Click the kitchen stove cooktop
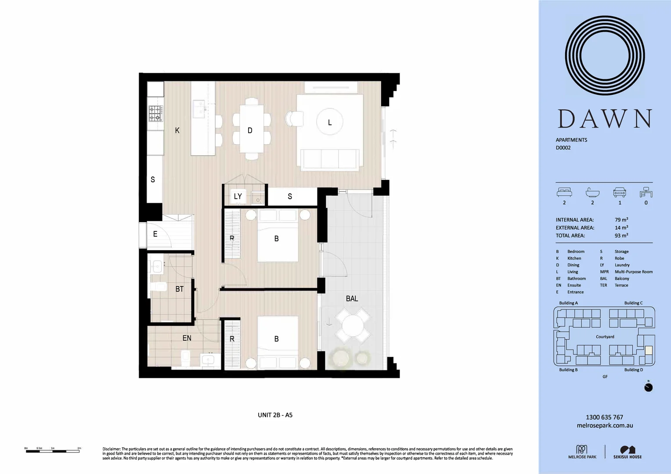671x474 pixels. (155, 113)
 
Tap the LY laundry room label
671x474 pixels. (238, 196)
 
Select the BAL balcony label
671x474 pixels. (352, 298)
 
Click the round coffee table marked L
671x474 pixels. (330, 122)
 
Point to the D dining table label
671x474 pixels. (250, 130)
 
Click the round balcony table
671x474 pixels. (353, 326)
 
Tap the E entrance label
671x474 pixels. (155, 234)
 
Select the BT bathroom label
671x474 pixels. (179, 289)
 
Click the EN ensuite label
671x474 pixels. (187, 338)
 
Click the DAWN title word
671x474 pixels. (604, 119)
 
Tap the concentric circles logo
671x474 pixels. (605, 56)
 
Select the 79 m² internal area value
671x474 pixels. (621, 220)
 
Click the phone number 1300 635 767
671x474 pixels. (604, 417)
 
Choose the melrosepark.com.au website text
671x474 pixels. (605, 425)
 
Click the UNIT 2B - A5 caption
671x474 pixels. (275, 415)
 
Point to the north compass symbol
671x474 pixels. (648, 387)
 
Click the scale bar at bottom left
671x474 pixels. (53, 450)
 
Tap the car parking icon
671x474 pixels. (620, 193)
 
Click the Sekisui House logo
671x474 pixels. (628, 452)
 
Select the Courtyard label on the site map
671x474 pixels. (605, 337)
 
